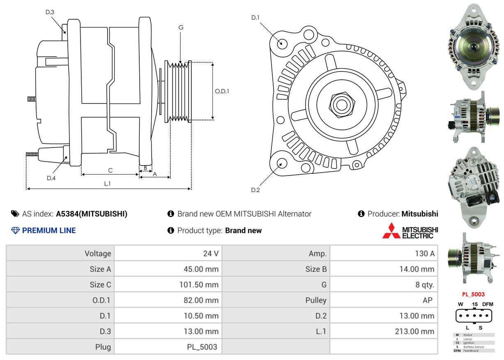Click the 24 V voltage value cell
pos(211,254)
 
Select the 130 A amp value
pos(425,254)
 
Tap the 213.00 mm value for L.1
pos(414,331)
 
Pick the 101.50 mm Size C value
pos(201,285)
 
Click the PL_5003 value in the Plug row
pos(202,347)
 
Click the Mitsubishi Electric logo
pos(410,231)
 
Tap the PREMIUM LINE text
pos(49,231)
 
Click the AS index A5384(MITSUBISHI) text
pos(92,214)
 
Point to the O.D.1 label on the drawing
pos(222,91)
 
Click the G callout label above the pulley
pos(181,28)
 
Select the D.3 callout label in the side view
pos(50,12)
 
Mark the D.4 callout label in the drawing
pos(51,178)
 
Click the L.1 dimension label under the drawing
pos(107,184)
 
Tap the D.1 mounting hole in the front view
pos(282,43)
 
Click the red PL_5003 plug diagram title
pos(473,294)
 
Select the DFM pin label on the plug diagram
pos(487,304)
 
